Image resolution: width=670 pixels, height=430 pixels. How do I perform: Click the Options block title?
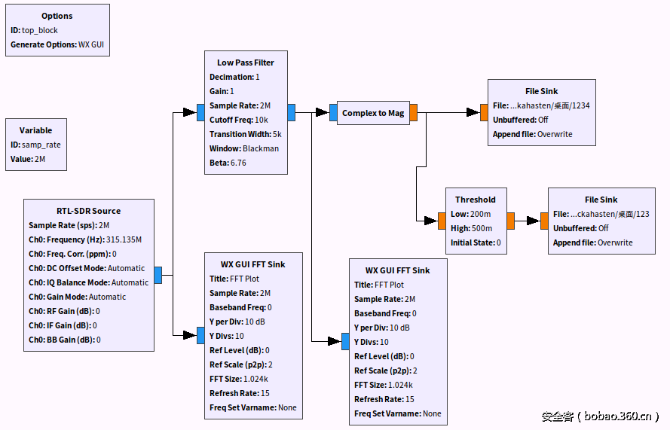tap(57, 16)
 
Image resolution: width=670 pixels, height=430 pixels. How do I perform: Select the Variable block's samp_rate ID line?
tap(35, 145)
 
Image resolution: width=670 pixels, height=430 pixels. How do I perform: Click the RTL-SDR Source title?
tap(89, 211)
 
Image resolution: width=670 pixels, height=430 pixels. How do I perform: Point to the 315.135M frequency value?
tap(124, 239)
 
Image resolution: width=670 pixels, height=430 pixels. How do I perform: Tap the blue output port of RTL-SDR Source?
tap(158, 276)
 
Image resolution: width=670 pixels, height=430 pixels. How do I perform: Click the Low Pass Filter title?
tap(246, 63)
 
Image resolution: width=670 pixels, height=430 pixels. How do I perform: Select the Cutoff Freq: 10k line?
tap(239, 120)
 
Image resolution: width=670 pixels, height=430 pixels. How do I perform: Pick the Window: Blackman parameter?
tap(244, 148)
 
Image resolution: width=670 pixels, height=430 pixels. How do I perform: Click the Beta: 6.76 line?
tap(228, 163)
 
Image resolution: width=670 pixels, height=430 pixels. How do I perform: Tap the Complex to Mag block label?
tap(373, 113)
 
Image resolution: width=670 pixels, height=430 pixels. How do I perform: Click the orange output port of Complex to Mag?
tap(413, 113)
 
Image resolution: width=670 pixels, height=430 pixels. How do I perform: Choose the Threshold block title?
tap(476, 200)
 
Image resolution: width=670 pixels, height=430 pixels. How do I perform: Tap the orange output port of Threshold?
tap(510, 221)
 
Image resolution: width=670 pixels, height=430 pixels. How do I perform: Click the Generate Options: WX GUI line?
tap(57, 44)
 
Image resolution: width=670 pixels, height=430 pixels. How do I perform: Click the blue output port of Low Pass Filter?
tap(291, 113)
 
